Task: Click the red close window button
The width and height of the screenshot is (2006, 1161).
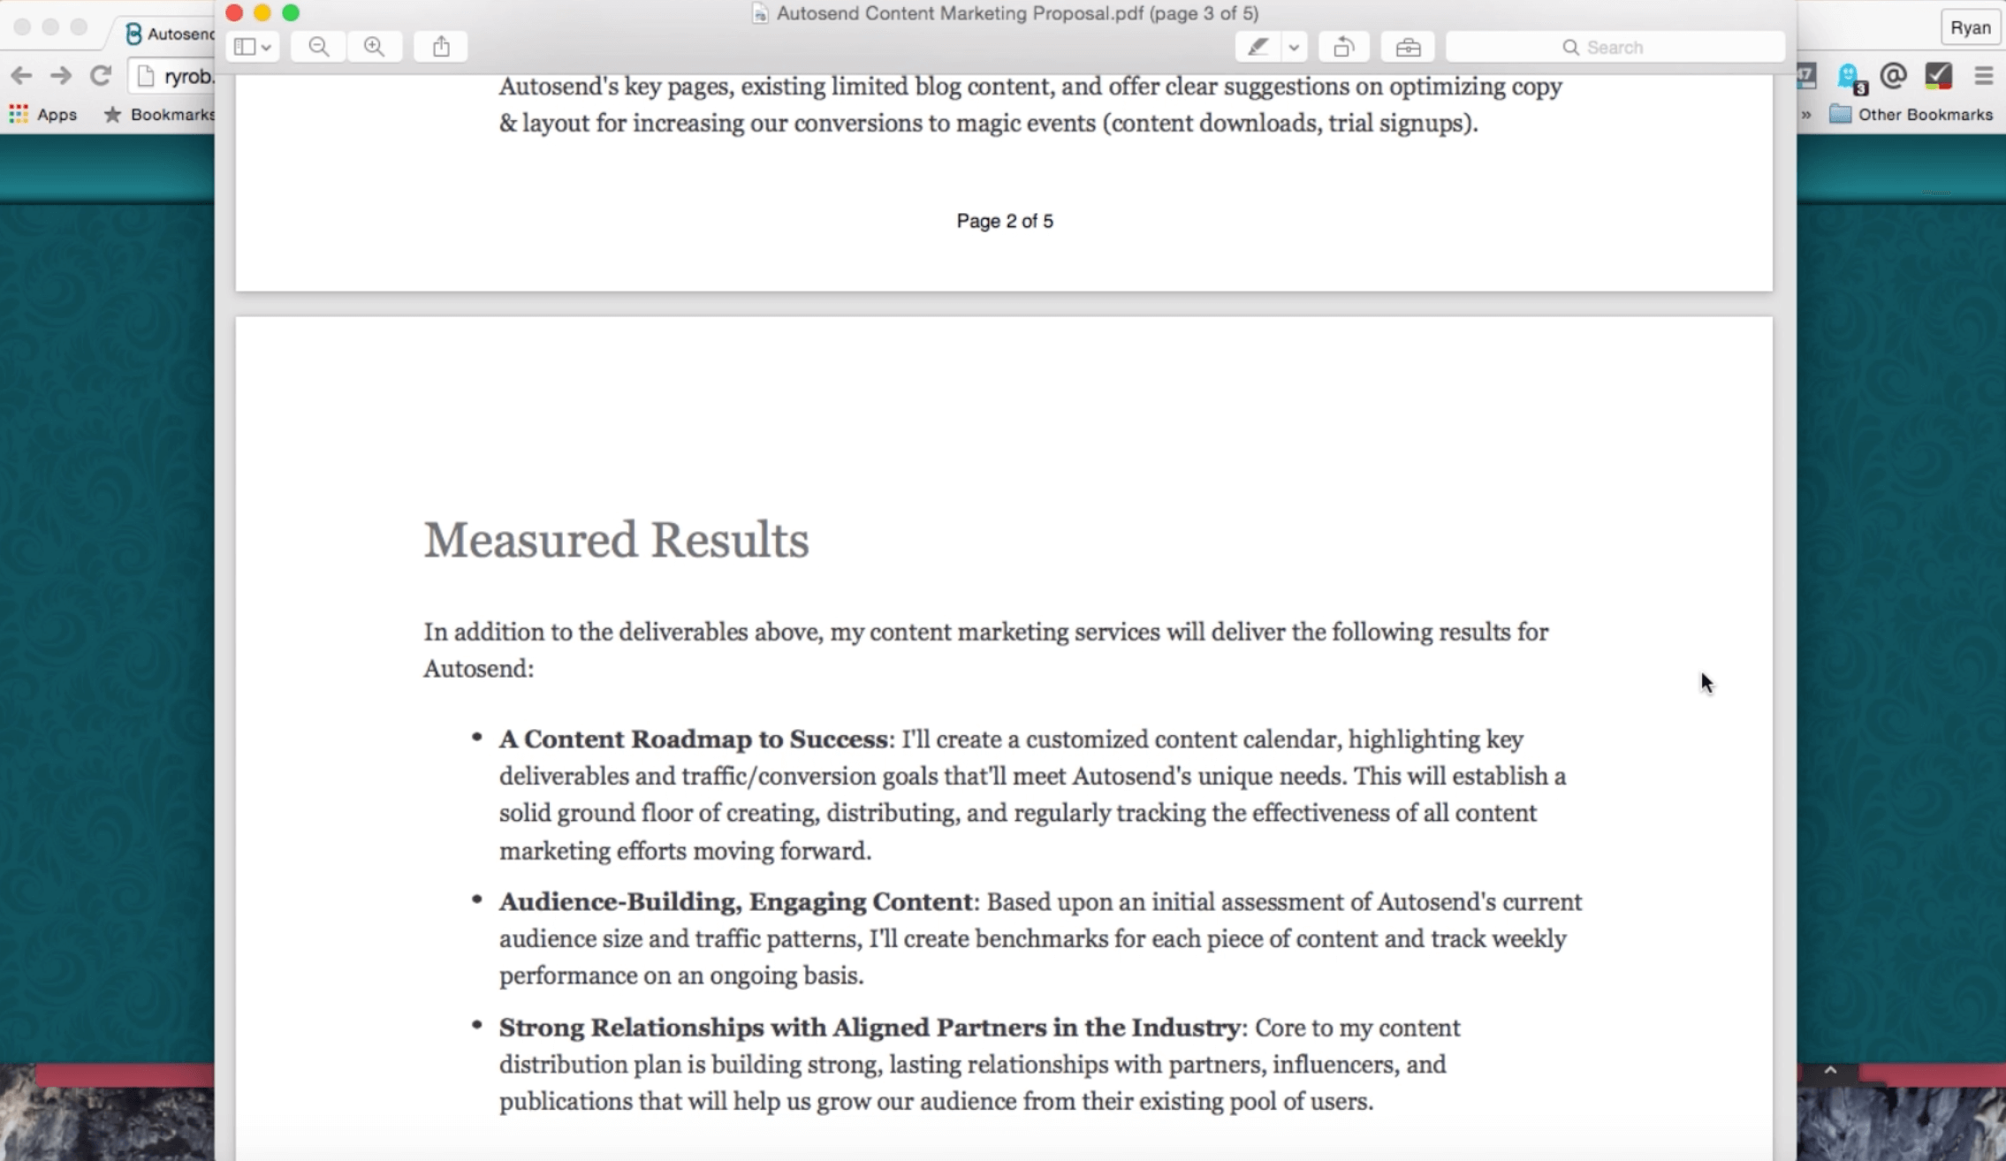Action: coord(234,12)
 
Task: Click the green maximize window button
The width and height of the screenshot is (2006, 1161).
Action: coord(291,12)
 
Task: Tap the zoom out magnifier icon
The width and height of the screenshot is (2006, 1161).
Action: coord(318,47)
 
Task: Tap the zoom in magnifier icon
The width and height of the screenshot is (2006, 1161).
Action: coord(375,47)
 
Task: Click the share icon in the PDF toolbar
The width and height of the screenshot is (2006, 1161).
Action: coord(441,47)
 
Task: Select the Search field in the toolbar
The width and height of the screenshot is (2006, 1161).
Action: coord(1615,47)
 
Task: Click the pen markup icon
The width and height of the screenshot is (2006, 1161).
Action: coord(1258,47)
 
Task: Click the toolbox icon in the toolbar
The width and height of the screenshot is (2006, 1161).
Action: coord(1408,47)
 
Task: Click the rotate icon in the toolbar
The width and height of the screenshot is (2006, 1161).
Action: coord(1343,47)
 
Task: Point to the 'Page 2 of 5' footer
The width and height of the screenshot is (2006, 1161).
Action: coord(1005,221)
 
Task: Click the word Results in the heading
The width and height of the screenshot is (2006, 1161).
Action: coord(730,540)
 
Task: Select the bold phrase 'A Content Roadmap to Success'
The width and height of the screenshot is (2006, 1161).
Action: coord(693,739)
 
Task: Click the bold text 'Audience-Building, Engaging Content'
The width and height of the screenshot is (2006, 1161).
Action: coord(735,901)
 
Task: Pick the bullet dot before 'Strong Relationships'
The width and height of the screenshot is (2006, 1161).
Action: coord(477,1025)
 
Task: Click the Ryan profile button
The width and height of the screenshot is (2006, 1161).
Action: coord(1970,27)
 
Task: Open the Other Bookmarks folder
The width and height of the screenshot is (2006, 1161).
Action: coord(1912,114)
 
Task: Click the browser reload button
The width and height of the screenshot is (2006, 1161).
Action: coord(101,76)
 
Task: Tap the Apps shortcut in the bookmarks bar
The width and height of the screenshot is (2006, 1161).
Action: coord(43,114)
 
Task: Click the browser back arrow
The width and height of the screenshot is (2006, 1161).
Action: coord(21,76)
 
